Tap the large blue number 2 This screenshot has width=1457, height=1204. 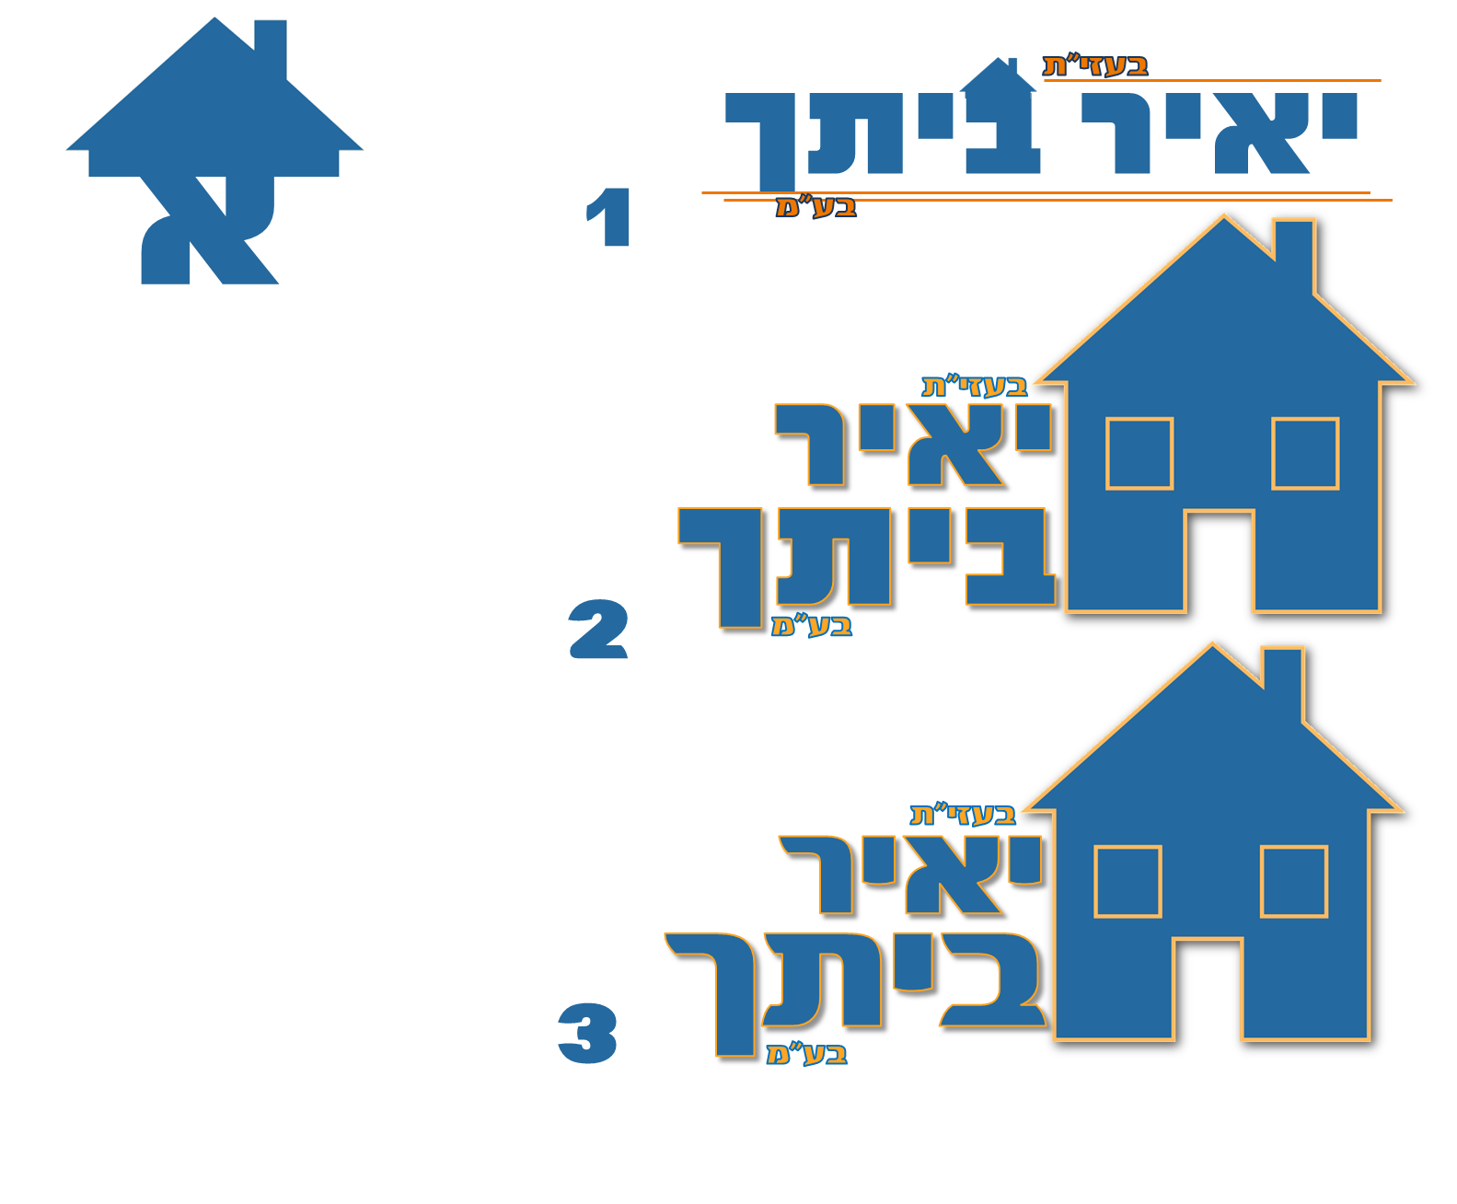(x=598, y=630)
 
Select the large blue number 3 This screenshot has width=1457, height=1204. (x=587, y=1034)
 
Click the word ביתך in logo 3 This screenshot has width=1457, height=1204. (x=856, y=985)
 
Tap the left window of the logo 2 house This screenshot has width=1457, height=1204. (x=1139, y=453)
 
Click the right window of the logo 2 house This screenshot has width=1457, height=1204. (x=1305, y=453)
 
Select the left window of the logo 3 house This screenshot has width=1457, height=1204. (x=1127, y=881)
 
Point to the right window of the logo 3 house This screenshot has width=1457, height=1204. (x=1294, y=881)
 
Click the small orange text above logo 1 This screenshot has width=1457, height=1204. (x=1095, y=65)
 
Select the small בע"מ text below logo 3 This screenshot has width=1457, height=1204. (x=806, y=1053)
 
